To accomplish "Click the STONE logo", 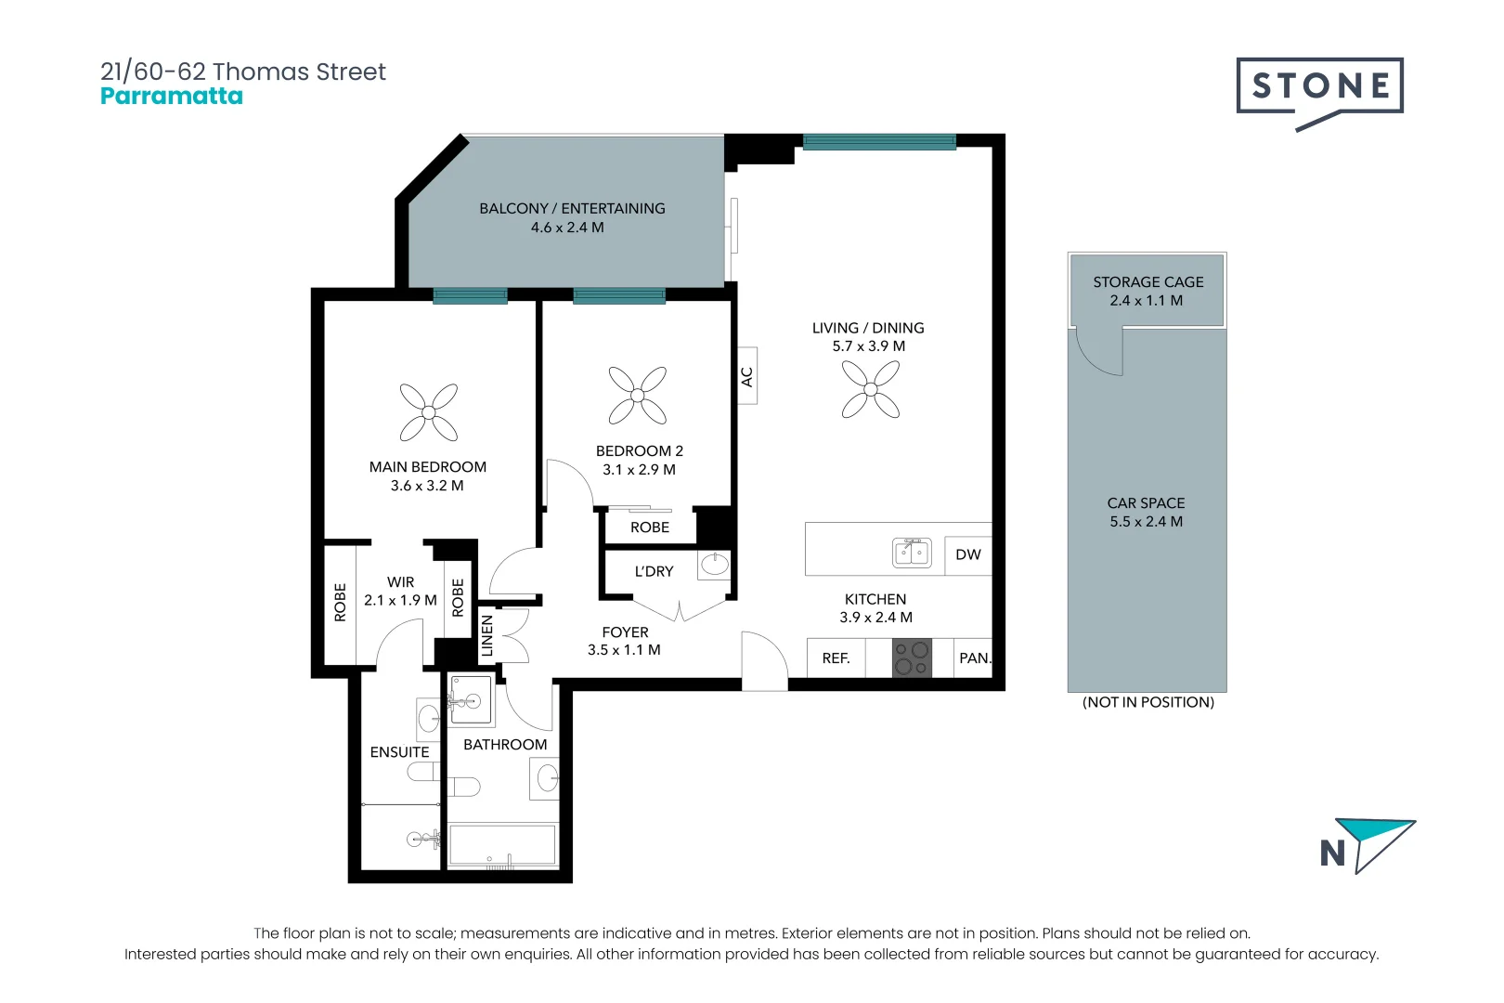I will pyautogui.click(x=1319, y=87).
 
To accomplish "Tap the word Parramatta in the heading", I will pyautogui.click(x=172, y=97).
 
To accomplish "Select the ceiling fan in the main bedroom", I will pyautogui.click(x=428, y=411).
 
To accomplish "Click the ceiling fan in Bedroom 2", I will pyautogui.click(x=638, y=395).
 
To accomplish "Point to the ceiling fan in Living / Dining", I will pyautogui.click(x=871, y=389).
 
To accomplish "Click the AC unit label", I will pyautogui.click(x=747, y=376).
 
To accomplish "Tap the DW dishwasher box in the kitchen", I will pyautogui.click(x=967, y=554).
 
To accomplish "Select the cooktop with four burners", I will pyautogui.click(x=911, y=658).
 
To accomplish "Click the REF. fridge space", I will pyautogui.click(x=836, y=658).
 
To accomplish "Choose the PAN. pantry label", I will pyautogui.click(x=974, y=658).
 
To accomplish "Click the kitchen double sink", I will pyautogui.click(x=912, y=553).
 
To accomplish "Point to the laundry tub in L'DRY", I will pyautogui.click(x=714, y=564).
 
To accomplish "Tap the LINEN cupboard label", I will pyautogui.click(x=486, y=636).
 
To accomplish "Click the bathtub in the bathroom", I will pyautogui.click(x=502, y=845).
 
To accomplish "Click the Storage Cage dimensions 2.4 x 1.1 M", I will pyautogui.click(x=1146, y=301).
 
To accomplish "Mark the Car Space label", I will pyautogui.click(x=1146, y=502).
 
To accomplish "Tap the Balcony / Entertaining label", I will pyautogui.click(x=572, y=209).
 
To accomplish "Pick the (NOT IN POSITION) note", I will pyautogui.click(x=1147, y=702).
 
